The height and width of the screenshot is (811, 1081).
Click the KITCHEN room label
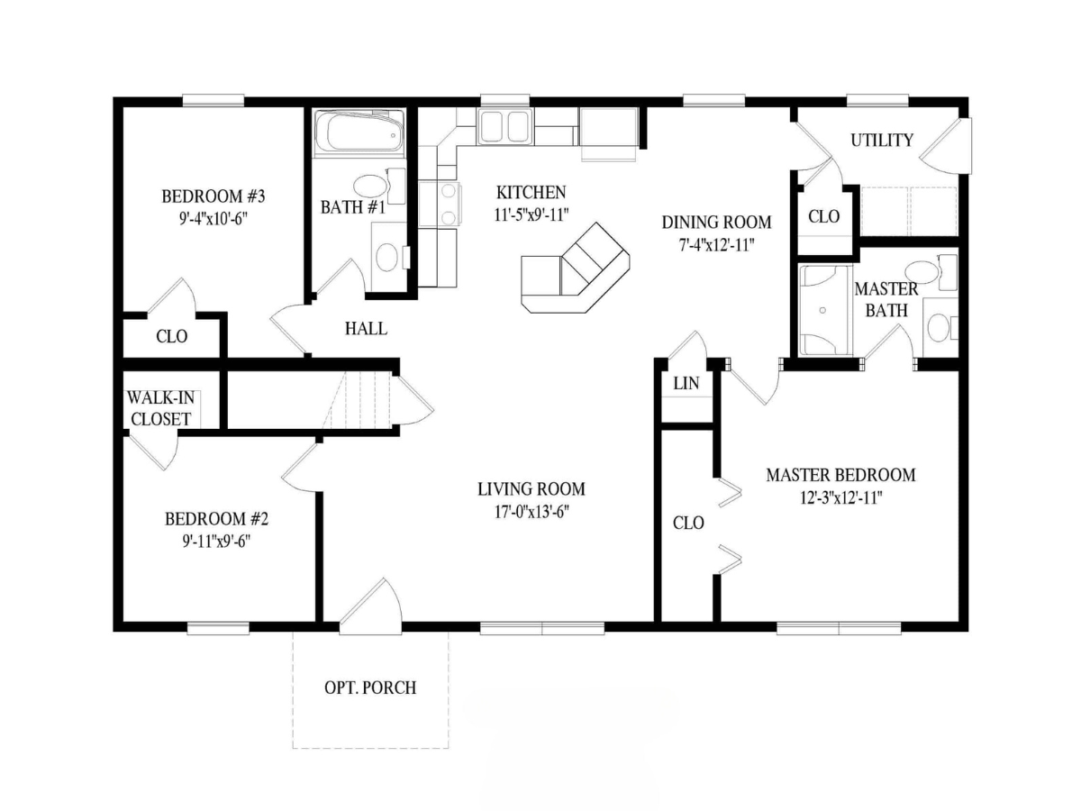pos(531,192)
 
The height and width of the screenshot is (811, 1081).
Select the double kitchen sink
pos(504,127)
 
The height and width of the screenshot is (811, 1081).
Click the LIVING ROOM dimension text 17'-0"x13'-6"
pos(531,512)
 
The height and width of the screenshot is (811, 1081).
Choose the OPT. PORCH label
pos(370,688)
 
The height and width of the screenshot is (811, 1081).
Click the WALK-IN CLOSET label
pos(161,408)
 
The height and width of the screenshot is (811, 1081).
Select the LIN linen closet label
pos(686,383)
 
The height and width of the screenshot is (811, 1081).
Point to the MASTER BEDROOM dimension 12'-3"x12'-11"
pos(840,498)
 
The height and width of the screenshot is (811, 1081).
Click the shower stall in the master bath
pos(825,310)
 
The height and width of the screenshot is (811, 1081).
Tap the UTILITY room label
pos(882,141)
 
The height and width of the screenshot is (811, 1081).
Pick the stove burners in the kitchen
pos(449,203)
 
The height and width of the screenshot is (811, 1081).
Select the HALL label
pos(366,328)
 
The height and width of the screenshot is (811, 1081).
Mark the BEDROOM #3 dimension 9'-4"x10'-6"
pos(213,219)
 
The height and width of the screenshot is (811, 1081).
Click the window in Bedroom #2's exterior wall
pos(218,628)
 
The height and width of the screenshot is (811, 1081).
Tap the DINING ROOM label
pos(716,223)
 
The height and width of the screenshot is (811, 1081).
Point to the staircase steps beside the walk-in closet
pos(357,400)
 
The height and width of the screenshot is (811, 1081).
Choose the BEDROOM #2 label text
pos(217,519)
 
